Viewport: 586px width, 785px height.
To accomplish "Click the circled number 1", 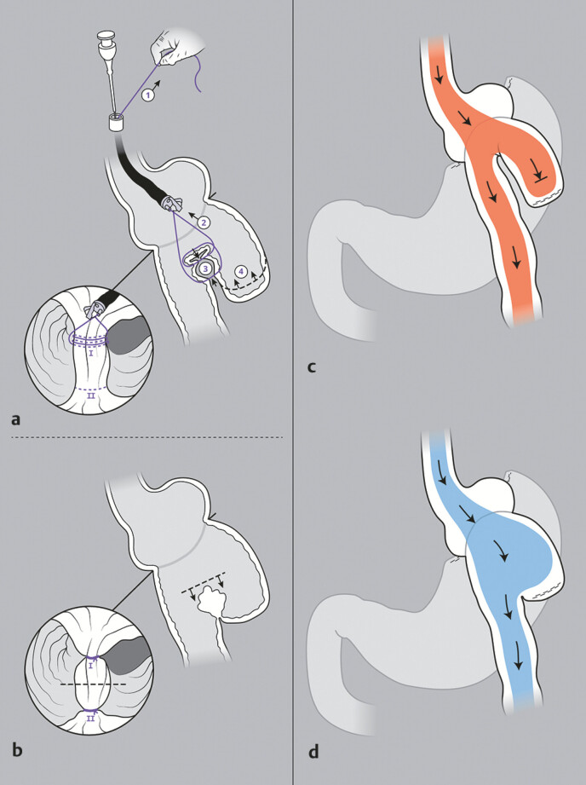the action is point(148,94).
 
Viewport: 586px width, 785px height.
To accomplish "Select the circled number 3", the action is point(204,270).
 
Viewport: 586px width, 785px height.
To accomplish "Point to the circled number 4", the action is point(241,271).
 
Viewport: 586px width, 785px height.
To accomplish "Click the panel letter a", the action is point(16,419).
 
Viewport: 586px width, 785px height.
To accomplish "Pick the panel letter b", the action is point(17,749).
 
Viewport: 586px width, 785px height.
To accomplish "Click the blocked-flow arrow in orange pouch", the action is point(539,174).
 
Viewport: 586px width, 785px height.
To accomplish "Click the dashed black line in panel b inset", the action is point(93,684).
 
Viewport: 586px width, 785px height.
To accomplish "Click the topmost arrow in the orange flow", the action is point(439,75).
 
